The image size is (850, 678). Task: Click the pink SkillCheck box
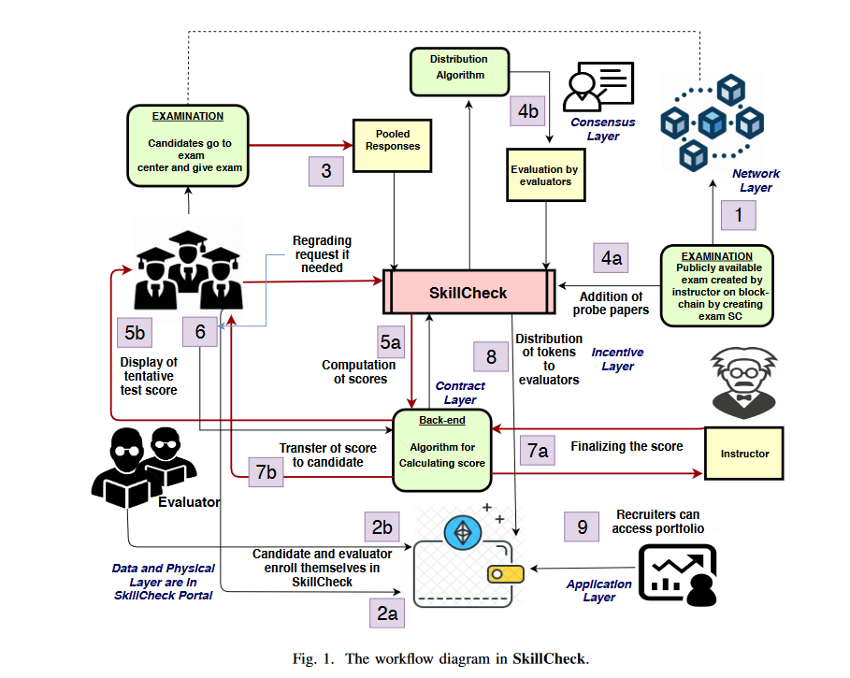click(468, 293)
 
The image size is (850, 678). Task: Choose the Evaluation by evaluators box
click(545, 175)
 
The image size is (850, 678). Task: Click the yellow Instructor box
click(744, 454)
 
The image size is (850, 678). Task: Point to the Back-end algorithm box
click(442, 450)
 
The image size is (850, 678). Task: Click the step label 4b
click(528, 110)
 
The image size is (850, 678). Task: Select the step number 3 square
click(325, 171)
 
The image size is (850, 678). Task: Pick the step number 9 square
click(582, 527)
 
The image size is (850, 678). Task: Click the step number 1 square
click(739, 217)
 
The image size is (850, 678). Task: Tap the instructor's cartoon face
click(744, 380)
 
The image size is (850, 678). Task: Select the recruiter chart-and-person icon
click(678, 572)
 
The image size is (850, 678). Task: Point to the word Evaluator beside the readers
click(189, 502)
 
